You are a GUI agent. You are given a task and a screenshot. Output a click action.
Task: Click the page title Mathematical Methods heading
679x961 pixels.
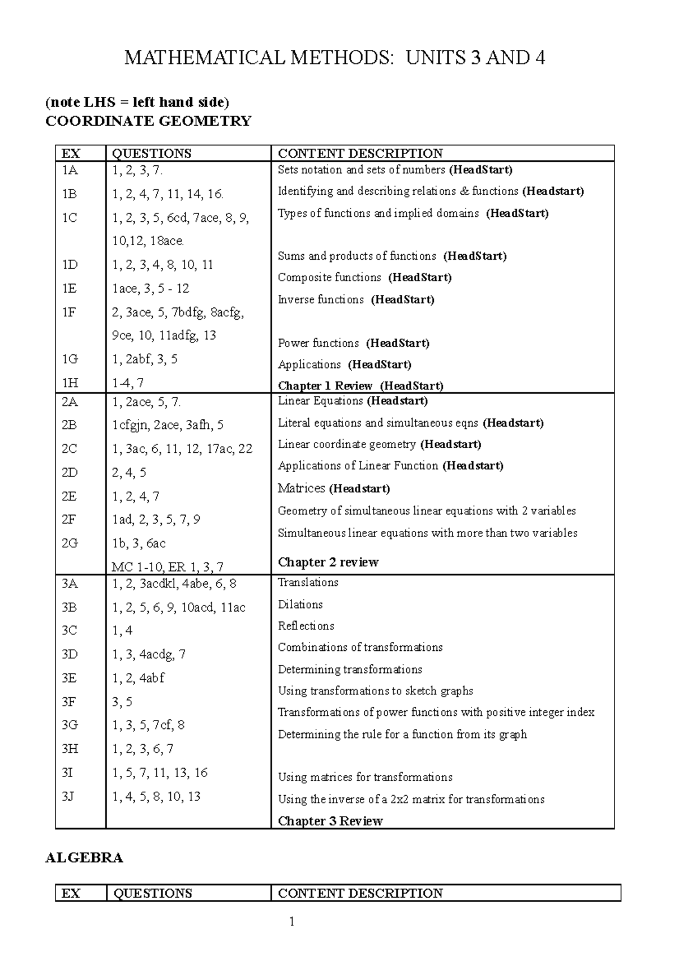(334, 58)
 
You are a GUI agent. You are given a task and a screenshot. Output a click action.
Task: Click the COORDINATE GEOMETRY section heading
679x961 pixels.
(148, 121)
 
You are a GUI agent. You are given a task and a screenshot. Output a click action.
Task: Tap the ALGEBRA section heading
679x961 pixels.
(84, 858)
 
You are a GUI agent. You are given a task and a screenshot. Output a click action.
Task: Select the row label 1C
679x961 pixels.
(70, 218)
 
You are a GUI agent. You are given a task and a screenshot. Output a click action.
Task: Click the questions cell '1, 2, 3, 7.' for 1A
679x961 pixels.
(137, 170)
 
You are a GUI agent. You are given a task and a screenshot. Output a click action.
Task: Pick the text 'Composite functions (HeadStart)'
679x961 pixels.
(364, 278)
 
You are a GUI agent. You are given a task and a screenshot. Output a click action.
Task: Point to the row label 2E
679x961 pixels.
(70, 496)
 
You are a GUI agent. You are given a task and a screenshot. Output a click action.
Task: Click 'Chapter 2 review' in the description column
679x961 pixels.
(328, 562)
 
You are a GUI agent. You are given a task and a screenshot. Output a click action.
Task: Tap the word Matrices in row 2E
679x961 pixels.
(302, 488)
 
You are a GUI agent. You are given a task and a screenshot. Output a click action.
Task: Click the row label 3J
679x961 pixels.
(68, 797)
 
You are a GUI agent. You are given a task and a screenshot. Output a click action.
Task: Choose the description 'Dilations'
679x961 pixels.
(300, 604)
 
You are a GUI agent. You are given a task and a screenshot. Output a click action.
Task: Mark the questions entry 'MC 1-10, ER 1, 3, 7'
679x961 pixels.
(167, 567)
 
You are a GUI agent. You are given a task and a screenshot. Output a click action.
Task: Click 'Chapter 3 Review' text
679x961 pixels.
(330, 821)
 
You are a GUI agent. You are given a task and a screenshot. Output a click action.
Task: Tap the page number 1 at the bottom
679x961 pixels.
(292, 923)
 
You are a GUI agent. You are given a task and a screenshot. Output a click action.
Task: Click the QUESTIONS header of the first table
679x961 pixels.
(152, 153)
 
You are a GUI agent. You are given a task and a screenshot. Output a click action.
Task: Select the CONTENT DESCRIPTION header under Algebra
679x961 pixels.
(360, 894)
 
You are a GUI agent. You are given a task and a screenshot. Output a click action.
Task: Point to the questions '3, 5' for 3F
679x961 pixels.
(122, 702)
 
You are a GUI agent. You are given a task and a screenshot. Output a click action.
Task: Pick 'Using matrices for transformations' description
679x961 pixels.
(365, 778)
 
